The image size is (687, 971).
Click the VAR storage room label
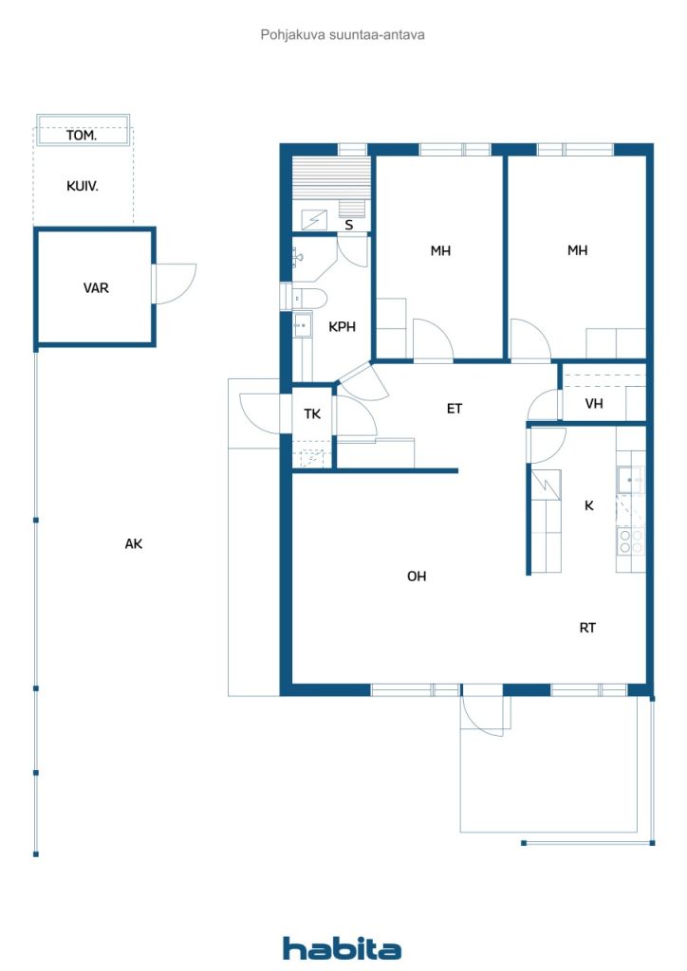point(96,288)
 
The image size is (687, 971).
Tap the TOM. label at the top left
point(82,135)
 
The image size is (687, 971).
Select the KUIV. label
point(83,186)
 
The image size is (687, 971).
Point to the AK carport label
point(134,543)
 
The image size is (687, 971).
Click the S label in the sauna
point(349,225)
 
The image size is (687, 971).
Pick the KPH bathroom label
point(342,327)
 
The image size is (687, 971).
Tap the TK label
point(312,413)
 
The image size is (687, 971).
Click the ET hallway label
point(455,409)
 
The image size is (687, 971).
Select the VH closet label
point(594,404)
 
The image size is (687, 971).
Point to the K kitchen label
point(589,506)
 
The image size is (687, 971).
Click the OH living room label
point(417,577)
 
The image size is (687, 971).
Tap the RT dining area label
point(588,628)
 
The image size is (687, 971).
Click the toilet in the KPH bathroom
point(309,299)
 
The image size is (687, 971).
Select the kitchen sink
point(631,480)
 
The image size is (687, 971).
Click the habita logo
point(342,948)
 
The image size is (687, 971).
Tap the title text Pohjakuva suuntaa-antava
point(343,35)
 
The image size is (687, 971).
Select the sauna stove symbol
point(314,220)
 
